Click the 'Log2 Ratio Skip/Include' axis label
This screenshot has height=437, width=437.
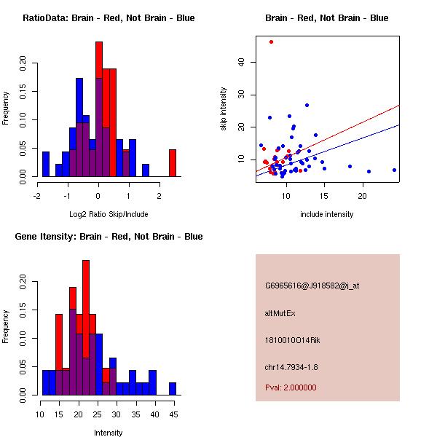(109, 214)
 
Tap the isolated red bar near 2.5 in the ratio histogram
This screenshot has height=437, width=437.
(173, 163)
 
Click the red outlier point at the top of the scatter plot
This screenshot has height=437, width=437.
(271, 42)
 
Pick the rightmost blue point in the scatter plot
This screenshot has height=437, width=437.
(394, 170)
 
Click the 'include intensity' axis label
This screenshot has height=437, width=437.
(326, 214)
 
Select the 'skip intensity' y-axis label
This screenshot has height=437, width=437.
(224, 109)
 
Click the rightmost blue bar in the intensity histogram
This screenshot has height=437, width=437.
(173, 388)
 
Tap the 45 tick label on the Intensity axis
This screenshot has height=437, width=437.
(173, 414)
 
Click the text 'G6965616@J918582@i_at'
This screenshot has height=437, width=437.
(312, 286)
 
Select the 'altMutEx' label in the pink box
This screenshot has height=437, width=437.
(280, 313)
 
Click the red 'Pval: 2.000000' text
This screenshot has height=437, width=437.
(291, 387)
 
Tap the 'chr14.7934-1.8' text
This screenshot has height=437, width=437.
(291, 366)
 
